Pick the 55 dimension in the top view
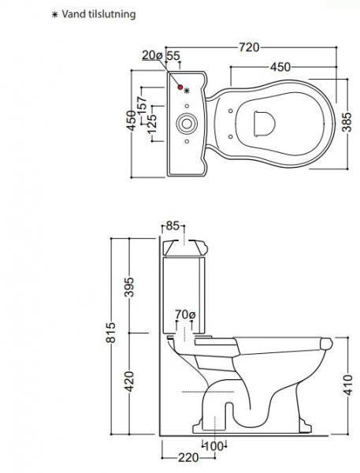point(174,54)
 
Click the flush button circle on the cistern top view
point(187,123)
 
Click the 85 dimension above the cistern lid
point(173,225)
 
